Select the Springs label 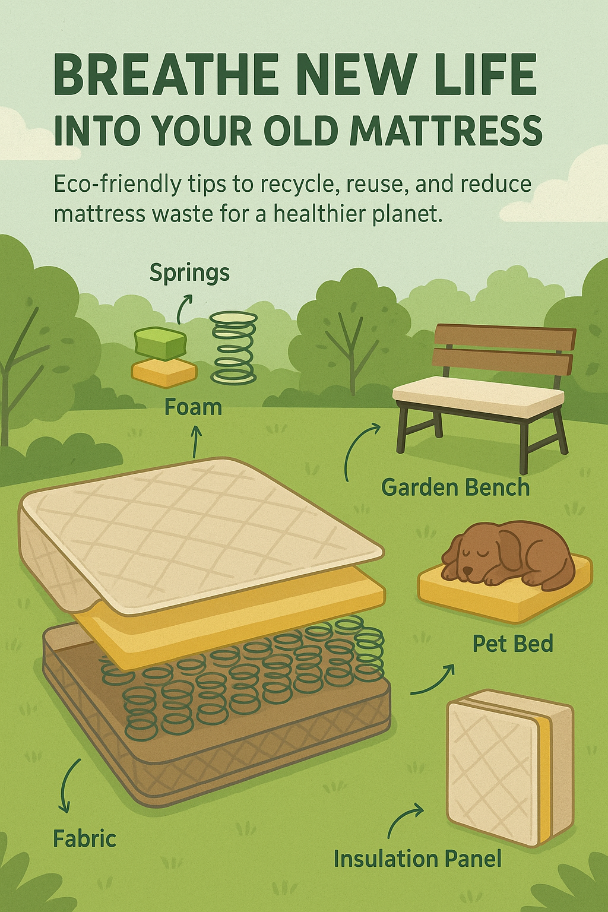point(189,273)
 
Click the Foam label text point(193,407)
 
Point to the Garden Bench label point(455,487)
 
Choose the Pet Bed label point(513,644)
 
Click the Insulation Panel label point(417,859)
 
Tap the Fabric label point(84,839)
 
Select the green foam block point(160,343)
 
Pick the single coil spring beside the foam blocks point(234,347)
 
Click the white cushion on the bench point(478,394)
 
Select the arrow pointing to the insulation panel point(405,819)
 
